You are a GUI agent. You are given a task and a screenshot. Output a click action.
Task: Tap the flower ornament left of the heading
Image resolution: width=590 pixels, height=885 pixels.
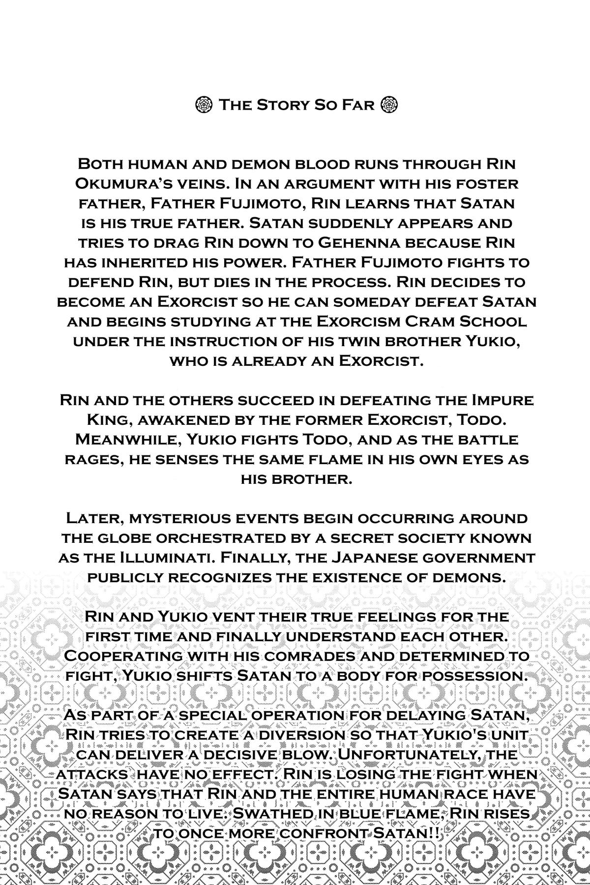[x=203, y=105]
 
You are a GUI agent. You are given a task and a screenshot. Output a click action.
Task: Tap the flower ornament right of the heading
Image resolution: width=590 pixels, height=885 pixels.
[x=389, y=105]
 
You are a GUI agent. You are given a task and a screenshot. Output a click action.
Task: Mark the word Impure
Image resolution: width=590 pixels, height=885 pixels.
[x=498, y=400]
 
